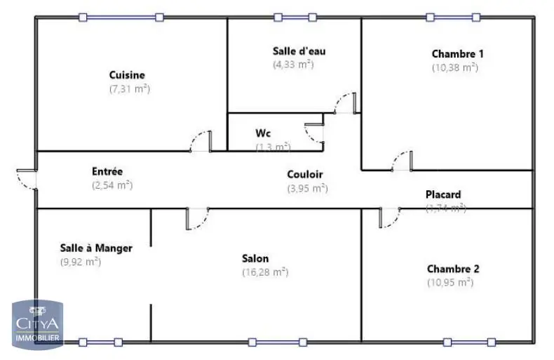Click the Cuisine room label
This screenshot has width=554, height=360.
click(x=127, y=75)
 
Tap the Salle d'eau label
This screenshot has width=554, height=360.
click(x=299, y=51)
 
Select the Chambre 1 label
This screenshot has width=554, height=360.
click(x=457, y=53)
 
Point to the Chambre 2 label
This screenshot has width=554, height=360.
click(x=452, y=269)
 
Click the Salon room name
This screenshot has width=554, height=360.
click(x=255, y=258)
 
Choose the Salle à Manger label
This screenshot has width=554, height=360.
click(x=96, y=248)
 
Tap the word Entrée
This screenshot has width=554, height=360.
click(x=107, y=171)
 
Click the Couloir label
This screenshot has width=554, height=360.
click(x=305, y=174)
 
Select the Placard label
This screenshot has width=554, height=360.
click(x=443, y=194)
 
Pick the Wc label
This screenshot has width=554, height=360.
click(x=263, y=133)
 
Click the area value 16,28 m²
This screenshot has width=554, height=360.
click(x=265, y=272)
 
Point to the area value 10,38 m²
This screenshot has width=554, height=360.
click(x=454, y=67)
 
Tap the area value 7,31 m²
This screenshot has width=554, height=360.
click(x=130, y=89)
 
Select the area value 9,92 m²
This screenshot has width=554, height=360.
click(x=81, y=262)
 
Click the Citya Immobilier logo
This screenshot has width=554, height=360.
click(x=37, y=324)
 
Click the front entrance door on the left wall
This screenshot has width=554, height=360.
click(x=27, y=178)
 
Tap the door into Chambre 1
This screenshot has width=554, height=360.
click(x=401, y=161)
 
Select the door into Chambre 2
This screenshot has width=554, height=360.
click(x=389, y=217)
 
